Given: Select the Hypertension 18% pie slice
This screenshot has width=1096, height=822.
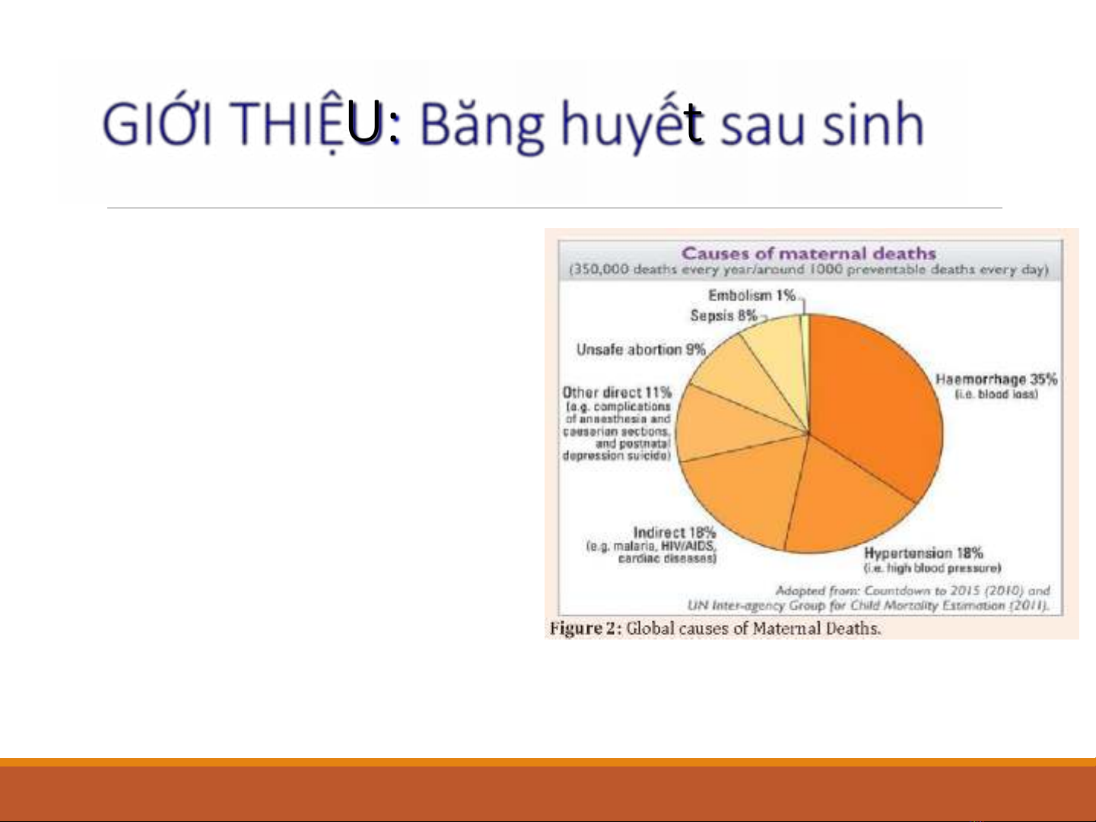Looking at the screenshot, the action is point(843,504).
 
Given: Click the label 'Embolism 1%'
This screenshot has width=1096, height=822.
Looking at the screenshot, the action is point(751,296).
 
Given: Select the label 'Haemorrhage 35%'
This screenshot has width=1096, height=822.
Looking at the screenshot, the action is point(996,379).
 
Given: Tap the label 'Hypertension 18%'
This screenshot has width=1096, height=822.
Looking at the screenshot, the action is point(923,553).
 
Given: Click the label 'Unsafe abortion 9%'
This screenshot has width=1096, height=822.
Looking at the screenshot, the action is point(640,349).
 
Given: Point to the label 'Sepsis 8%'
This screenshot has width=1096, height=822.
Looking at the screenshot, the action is point(723,316).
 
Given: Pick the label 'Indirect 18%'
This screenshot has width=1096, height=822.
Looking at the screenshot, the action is point(675,532).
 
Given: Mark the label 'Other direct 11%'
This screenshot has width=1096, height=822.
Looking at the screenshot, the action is point(617,392).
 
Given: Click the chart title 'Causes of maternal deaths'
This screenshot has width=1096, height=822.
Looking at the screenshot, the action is point(809,253).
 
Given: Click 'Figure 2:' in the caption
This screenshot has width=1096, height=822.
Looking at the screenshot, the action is point(586,628).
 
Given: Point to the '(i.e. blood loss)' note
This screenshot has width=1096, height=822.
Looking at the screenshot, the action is point(996,395).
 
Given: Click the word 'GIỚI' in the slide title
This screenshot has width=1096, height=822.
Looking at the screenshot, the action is point(157,122).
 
